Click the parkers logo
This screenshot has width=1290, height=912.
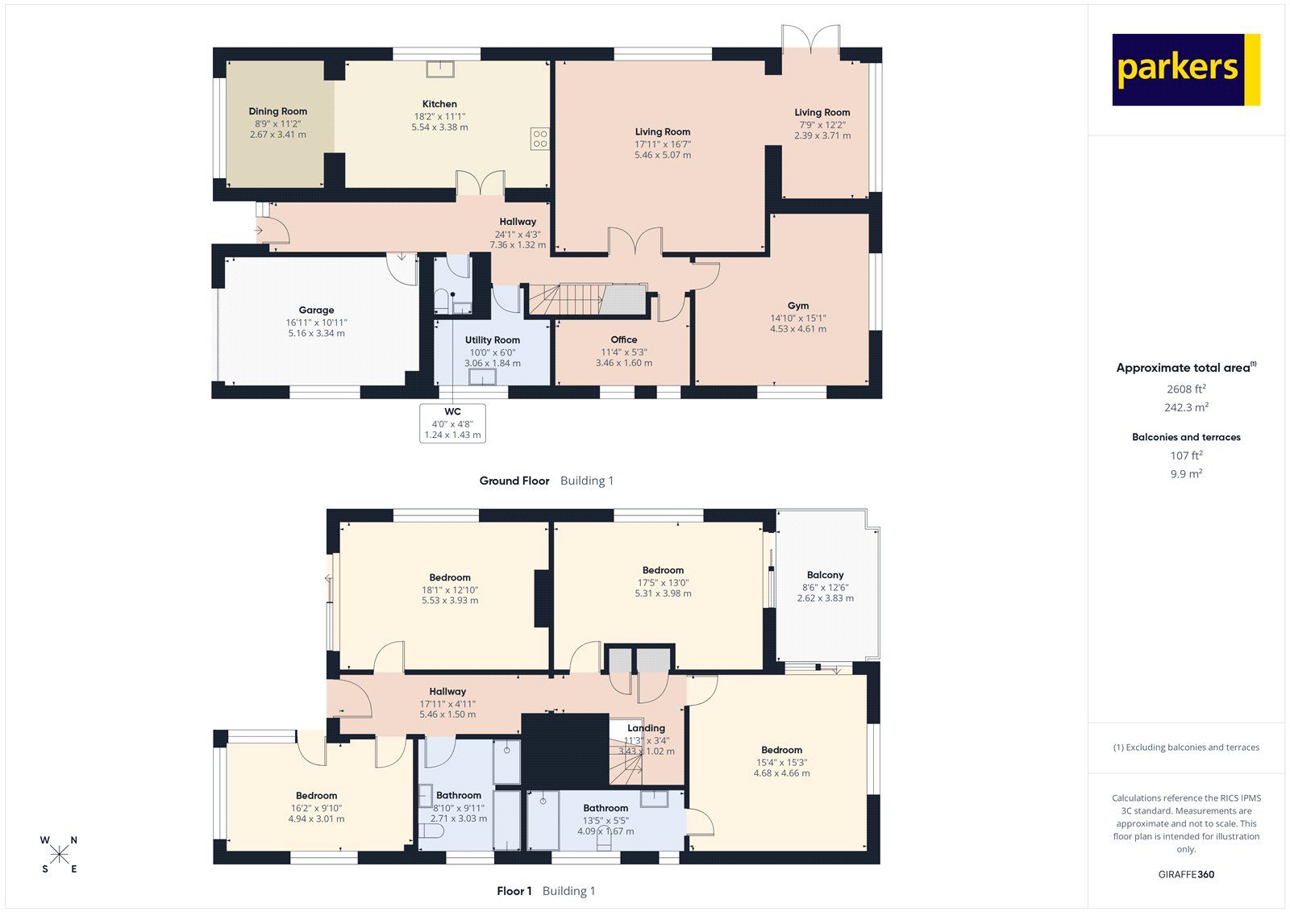point(1185,69)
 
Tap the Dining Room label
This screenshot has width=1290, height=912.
point(278,111)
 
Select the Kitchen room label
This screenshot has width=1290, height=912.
point(439,104)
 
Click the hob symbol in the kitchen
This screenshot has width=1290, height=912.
point(539,138)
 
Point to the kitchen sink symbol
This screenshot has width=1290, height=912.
point(440,68)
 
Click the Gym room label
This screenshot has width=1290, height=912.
point(798,306)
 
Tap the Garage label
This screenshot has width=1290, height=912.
point(316,310)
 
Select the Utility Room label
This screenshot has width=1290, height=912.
point(492,340)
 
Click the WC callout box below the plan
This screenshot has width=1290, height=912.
point(452,423)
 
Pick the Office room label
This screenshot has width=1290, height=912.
point(624,340)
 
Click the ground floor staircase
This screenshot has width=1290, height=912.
point(587,299)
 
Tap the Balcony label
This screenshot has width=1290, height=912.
point(825,575)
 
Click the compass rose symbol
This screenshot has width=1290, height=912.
point(59,855)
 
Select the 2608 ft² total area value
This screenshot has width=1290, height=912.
point(1186,389)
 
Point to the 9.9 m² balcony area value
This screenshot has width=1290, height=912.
point(1186,474)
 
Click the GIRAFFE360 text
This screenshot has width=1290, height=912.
point(1186,874)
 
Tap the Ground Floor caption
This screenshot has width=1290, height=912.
point(514,481)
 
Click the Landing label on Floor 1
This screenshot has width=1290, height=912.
point(646,728)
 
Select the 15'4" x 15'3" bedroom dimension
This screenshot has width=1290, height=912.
point(781,762)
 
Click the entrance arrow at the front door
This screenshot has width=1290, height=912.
point(258,231)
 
